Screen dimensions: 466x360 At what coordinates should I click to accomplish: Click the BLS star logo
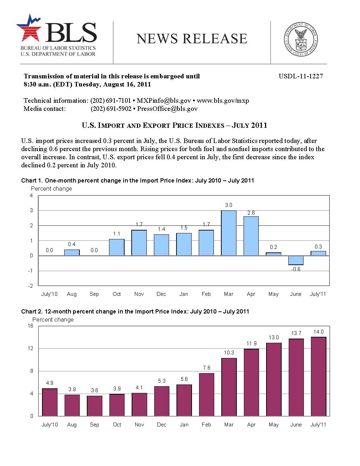point(29,28)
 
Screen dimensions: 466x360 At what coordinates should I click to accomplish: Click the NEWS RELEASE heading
point(192,39)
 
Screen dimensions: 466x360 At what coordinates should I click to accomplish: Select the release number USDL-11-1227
point(301,76)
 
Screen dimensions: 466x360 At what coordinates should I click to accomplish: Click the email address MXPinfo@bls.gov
point(164,101)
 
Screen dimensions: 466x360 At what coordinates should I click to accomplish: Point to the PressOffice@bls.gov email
point(167,109)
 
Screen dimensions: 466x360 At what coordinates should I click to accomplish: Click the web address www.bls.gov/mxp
point(223,101)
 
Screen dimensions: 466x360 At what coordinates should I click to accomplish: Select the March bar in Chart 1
point(229,233)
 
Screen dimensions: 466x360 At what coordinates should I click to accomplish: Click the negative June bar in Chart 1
point(296,260)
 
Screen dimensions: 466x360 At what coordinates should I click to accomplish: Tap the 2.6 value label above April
point(251,213)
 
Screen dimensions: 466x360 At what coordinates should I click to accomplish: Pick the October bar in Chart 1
point(116,247)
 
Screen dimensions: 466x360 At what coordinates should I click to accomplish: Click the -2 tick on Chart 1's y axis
point(31,286)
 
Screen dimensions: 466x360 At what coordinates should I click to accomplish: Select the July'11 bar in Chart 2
point(318,376)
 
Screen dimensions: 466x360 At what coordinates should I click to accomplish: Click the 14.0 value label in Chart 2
point(318,332)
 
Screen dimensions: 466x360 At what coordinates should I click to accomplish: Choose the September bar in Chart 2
point(94,406)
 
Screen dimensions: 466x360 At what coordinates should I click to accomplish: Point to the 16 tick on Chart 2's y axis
point(31,326)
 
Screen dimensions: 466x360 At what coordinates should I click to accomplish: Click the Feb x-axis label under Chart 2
point(206,425)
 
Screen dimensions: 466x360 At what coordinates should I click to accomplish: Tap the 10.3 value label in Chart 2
point(229,353)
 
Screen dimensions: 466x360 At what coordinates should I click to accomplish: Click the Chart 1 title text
point(138,180)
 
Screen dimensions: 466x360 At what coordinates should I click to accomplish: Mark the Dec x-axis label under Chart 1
point(161,294)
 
